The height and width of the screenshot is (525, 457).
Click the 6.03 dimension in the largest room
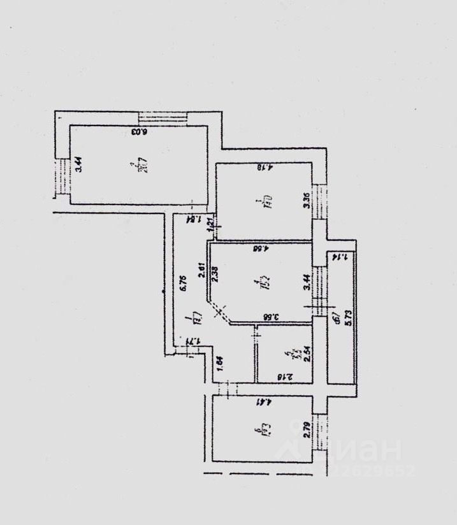140,133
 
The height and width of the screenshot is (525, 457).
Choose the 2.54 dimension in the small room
307,353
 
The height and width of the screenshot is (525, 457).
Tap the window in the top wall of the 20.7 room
163,118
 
